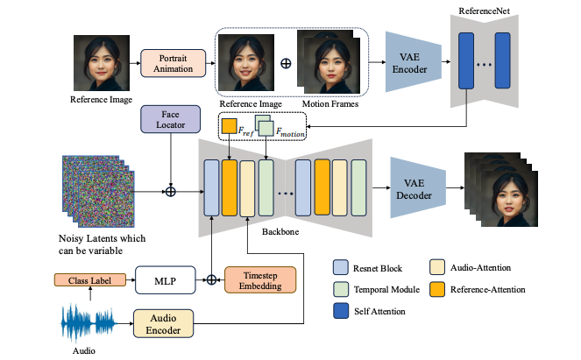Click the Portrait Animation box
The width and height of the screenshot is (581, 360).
click(173, 63)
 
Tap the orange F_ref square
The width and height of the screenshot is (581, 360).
click(229, 126)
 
